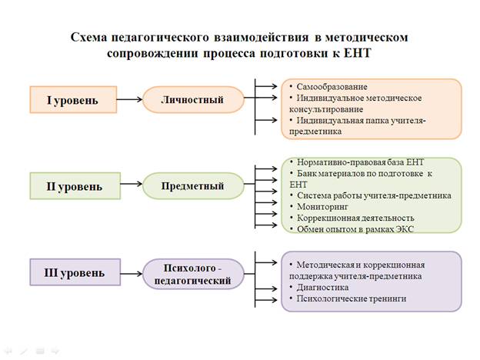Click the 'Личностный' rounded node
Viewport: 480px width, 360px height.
193,99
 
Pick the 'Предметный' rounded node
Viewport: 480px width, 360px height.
193,185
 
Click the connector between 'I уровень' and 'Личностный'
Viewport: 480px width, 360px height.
131,99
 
